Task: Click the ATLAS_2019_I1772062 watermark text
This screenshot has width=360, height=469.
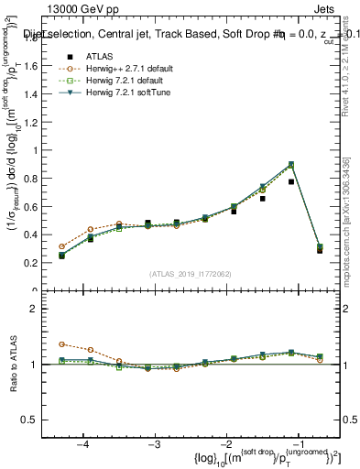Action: (191, 274)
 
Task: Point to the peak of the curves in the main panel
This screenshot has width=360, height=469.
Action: (291, 164)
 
